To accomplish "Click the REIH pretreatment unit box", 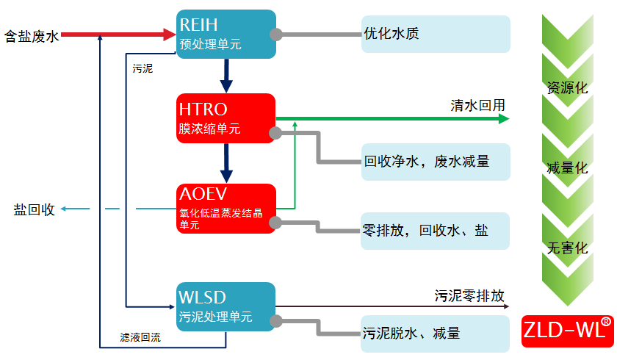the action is (226, 35).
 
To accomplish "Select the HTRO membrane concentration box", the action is (225, 118).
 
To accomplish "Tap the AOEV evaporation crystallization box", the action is (226, 209).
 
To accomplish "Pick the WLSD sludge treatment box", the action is (225, 306).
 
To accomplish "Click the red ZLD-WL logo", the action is (567, 331).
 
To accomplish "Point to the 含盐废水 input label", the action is (32, 37).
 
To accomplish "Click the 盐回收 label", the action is (35, 209).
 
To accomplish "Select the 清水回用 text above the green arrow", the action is (477, 106).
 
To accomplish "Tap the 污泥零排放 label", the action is (469, 295).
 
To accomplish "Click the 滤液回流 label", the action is (140, 337).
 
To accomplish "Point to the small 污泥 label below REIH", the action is (142, 68).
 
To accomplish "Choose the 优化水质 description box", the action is (436, 35).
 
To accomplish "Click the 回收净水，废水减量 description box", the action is (436, 162).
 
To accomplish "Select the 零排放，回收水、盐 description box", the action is (435, 231).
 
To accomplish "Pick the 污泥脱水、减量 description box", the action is (435, 334).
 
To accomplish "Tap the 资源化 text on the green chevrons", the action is (567, 87).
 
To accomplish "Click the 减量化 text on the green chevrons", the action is (567, 168).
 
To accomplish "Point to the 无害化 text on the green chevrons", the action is (567, 248).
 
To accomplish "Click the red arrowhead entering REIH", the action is (170, 35).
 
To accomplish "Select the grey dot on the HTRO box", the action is (275, 133).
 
